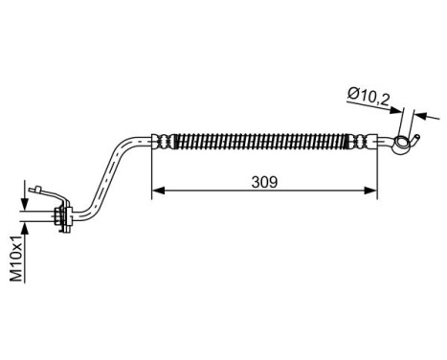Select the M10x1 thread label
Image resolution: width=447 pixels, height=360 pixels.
coord(16,260)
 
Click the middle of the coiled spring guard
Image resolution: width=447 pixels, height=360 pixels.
coord(263,141)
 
